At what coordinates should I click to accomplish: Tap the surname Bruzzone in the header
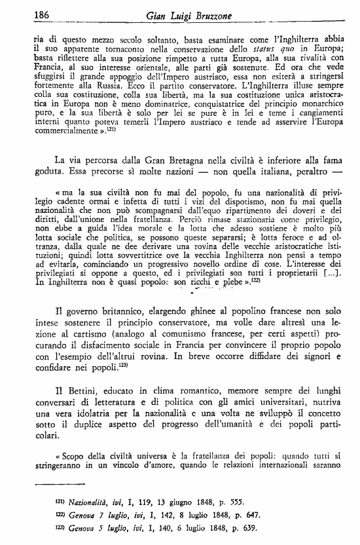pyautogui.click(x=230, y=15)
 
